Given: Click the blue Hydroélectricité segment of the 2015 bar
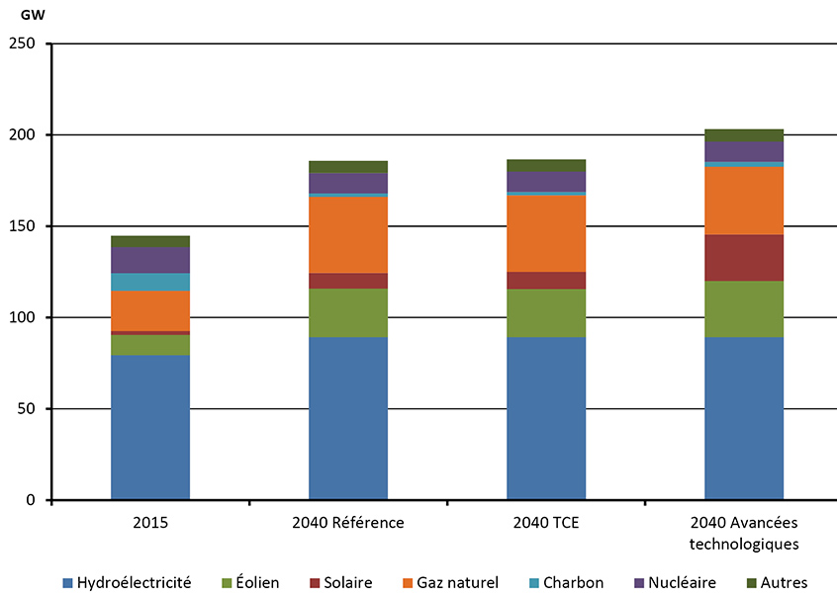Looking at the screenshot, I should (150, 427).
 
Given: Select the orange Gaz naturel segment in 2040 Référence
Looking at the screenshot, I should (348, 235).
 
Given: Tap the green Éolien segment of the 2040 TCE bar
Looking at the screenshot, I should (546, 313).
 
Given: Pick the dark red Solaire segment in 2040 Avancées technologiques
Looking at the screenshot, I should (744, 258).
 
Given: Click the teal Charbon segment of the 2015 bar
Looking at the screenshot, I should (150, 282).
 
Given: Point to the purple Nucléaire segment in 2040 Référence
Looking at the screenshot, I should (348, 183).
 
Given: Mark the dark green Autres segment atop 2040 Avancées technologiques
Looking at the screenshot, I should (744, 135).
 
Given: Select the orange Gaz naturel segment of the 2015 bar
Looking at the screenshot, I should (150, 310).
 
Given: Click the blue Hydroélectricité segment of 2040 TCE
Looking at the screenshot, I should (546, 418).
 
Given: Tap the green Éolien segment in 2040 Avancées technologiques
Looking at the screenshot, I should (744, 309).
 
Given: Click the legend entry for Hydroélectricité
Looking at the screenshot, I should (126, 583).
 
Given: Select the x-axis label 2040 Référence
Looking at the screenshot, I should (348, 523).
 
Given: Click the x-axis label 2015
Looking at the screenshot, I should (150, 523).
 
